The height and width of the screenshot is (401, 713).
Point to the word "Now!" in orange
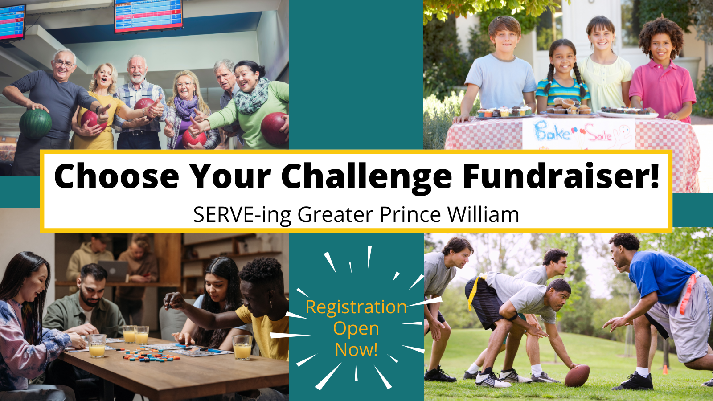(356, 349)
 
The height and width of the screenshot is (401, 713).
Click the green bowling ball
(35, 124)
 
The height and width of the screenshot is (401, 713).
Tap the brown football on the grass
(577, 376)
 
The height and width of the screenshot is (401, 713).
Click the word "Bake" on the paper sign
(552, 131)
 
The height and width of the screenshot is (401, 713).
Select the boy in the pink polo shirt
(662, 70)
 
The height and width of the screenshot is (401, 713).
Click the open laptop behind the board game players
(114, 271)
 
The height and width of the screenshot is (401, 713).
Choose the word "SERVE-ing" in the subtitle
(242, 215)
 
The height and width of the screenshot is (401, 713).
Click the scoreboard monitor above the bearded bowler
(149, 16)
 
